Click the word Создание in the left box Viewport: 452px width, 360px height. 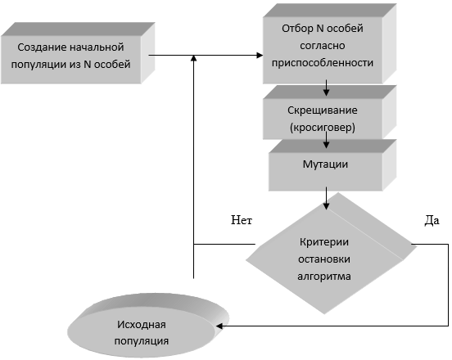point(39,47)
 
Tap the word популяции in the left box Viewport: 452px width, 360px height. point(39,65)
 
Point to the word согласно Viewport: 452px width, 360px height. point(323,46)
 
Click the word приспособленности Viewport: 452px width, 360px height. point(323,63)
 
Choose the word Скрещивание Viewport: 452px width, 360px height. point(323,110)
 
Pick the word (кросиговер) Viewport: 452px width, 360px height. point(323,128)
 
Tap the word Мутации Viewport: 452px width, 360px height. point(325,164)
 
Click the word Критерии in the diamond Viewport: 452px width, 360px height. point(324,242)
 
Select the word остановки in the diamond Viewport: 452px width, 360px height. point(324,259)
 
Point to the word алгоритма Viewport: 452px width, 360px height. point(324,277)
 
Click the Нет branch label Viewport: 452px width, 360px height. point(242,220)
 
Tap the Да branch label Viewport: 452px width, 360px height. point(432,221)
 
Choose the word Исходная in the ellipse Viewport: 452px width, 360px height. point(141,325)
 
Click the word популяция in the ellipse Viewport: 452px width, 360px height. point(141,341)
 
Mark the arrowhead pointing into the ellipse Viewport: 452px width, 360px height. point(219,326)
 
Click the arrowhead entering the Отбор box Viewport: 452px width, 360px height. point(260,56)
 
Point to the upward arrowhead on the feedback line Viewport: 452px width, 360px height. point(194,58)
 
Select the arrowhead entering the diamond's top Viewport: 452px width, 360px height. point(326,206)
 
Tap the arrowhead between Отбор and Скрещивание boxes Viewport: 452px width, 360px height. point(326,92)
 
